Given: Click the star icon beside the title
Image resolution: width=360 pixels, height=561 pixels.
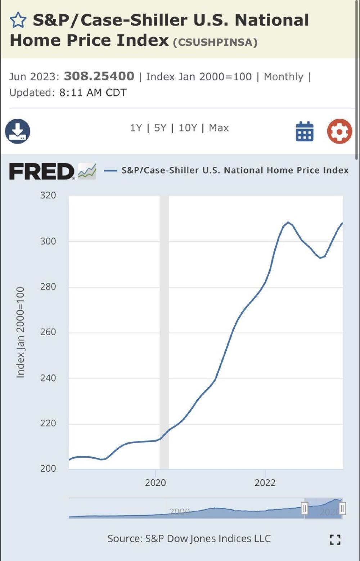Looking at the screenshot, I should (x=18, y=20).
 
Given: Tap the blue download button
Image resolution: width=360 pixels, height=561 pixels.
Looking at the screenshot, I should (x=18, y=131).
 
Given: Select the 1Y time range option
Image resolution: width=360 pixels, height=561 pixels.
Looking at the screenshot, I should (x=136, y=128).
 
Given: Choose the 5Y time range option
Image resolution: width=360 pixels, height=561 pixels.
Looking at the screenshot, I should (x=160, y=128).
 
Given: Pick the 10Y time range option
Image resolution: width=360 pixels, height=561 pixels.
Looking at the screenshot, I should (x=188, y=128).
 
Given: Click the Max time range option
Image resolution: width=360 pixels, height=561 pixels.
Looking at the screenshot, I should (x=219, y=128).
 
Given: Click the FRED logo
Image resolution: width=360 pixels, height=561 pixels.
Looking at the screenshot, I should (x=42, y=171).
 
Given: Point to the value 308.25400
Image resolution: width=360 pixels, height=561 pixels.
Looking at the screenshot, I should (x=99, y=76).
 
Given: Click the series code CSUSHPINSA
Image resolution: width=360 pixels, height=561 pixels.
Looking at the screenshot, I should (x=215, y=42).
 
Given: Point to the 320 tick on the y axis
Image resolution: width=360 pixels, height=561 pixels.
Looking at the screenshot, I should (x=48, y=195).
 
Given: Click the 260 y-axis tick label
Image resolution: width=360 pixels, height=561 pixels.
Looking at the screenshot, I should (x=48, y=332).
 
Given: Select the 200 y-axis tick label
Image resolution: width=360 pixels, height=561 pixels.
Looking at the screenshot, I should (x=48, y=468).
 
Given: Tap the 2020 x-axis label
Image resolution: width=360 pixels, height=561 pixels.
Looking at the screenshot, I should (x=156, y=483).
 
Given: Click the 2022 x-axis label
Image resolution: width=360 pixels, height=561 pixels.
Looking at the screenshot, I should (x=265, y=483).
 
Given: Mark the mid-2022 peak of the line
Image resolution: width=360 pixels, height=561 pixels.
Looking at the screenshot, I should (x=288, y=222).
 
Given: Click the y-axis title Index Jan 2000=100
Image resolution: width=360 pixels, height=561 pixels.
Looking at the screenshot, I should (x=21, y=332).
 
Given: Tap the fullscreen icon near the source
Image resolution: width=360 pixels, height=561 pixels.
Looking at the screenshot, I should (x=335, y=539).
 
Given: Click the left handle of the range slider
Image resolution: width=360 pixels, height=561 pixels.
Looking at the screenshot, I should (x=305, y=508).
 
